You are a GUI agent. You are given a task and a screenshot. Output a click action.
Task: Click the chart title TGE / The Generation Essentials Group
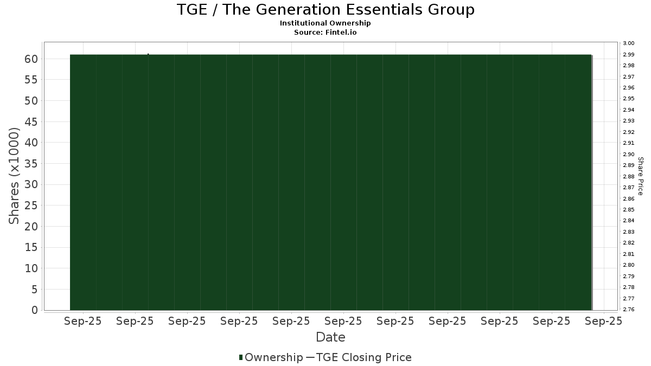[325, 10]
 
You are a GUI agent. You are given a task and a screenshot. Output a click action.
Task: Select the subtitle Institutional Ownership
[325, 23]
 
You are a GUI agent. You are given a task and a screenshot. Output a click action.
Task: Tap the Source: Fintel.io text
[325, 32]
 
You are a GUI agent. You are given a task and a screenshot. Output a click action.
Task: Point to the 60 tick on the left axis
[31, 59]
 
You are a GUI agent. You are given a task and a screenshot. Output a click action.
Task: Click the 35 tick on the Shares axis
[31, 164]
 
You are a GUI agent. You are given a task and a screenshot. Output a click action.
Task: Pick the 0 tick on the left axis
[35, 310]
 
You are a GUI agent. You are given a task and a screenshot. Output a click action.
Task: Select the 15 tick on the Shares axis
[31, 247]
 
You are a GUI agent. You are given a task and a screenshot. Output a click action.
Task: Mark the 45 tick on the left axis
[31, 121]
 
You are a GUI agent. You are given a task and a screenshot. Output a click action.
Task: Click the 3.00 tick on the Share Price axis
[629, 43]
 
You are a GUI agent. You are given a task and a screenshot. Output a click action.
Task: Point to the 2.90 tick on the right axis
[629, 154]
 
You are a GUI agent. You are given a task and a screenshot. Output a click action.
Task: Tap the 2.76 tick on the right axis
[629, 310]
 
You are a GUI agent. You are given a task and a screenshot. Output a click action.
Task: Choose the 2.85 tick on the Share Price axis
[629, 210]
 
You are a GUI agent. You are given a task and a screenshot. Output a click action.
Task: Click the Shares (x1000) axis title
[14, 176]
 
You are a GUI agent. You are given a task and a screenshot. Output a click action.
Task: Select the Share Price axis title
[641, 176]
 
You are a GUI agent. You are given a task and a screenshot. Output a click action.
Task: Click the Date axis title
[330, 337]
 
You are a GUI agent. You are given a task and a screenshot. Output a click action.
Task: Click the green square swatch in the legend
[241, 357]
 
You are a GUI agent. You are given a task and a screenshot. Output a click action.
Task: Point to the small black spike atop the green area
[148, 54]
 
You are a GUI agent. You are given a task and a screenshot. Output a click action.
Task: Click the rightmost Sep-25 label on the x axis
[603, 321]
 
